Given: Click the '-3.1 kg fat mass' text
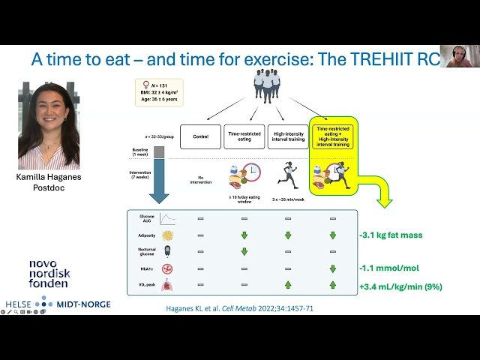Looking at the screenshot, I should point(391,235).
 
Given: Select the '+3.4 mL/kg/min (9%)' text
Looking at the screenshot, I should point(400,286).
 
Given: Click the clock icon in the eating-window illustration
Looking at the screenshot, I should point(250,172).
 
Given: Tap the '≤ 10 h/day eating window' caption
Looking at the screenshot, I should point(243,199).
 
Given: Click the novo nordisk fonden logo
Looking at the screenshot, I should point(49,274).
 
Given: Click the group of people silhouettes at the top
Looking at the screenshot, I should point(265,83).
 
